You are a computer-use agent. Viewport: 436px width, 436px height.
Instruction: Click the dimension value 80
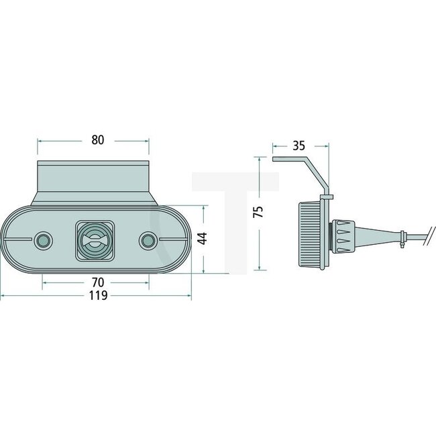point(97,140)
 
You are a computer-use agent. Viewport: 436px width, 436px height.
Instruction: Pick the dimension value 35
point(300,144)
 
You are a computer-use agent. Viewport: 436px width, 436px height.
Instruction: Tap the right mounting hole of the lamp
point(148,239)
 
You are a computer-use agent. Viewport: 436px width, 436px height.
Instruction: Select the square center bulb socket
point(95,239)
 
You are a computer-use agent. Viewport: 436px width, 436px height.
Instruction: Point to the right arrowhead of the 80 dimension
point(146,140)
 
